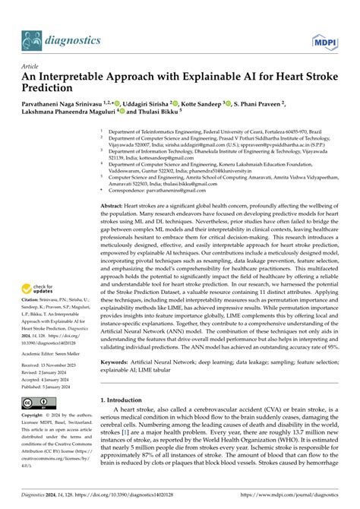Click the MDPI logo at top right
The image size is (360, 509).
click(x=324, y=41)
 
